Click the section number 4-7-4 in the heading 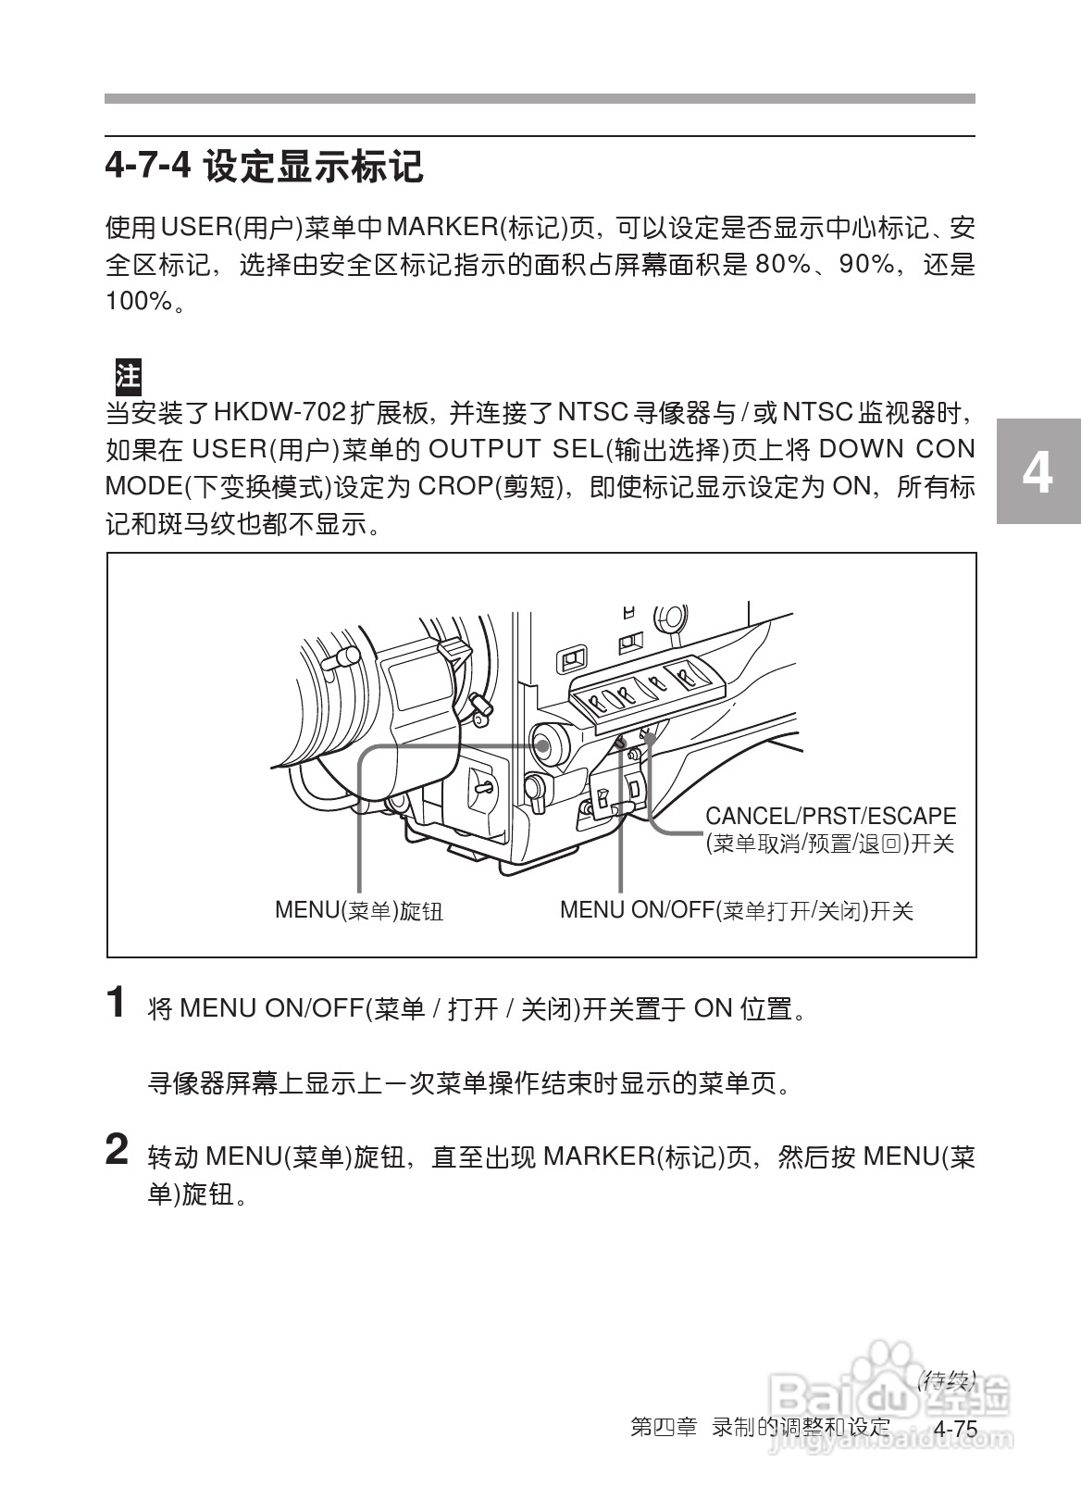click(x=147, y=167)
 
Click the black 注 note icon click(x=127, y=376)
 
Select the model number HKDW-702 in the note click(x=280, y=411)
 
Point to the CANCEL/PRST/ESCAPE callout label click(x=830, y=817)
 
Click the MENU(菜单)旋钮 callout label click(x=359, y=910)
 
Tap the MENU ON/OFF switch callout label click(x=736, y=910)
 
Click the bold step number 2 click(x=117, y=1151)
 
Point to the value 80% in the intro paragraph click(x=783, y=265)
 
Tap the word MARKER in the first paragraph click(x=441, y=228)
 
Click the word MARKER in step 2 click(x=599, y=1156)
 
